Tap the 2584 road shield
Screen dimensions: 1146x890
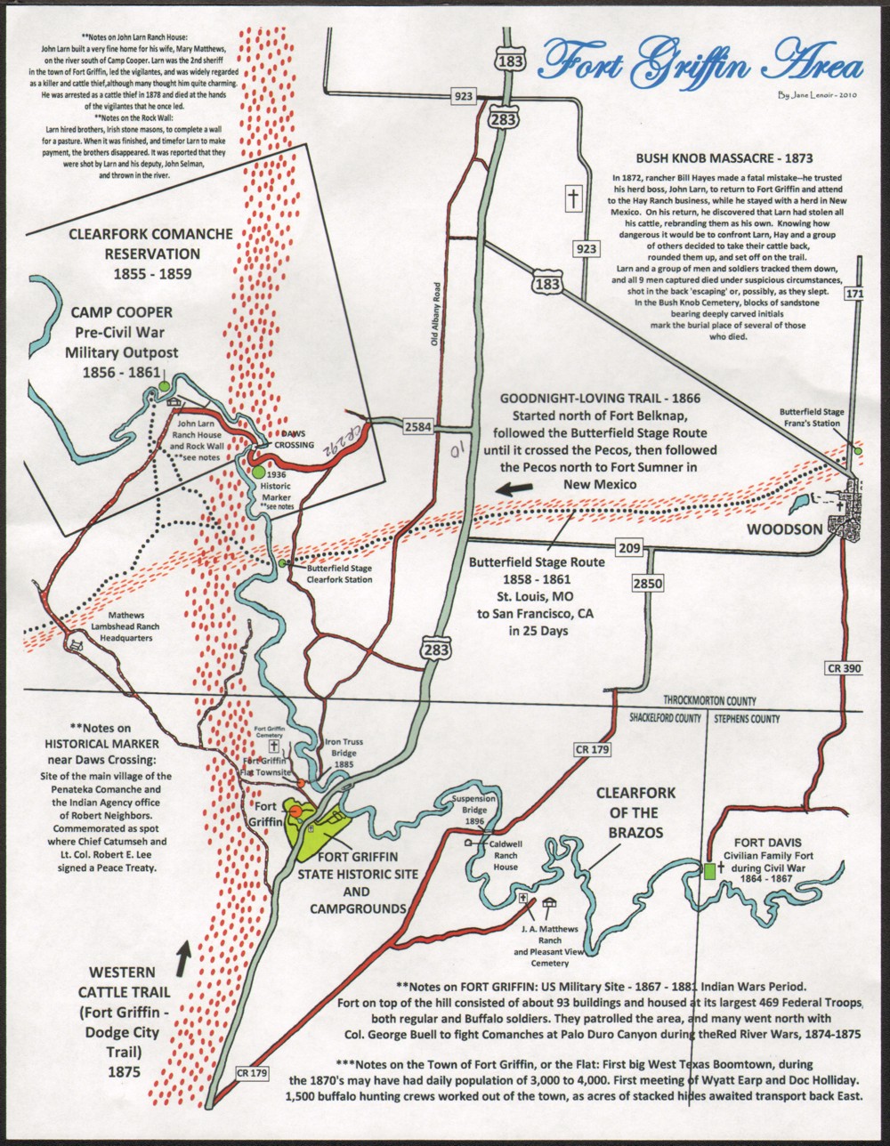point(418,427)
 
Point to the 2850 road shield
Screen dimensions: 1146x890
point(649,584)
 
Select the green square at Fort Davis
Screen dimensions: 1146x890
point(708,872)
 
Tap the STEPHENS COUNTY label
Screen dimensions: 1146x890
point(745,719)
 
